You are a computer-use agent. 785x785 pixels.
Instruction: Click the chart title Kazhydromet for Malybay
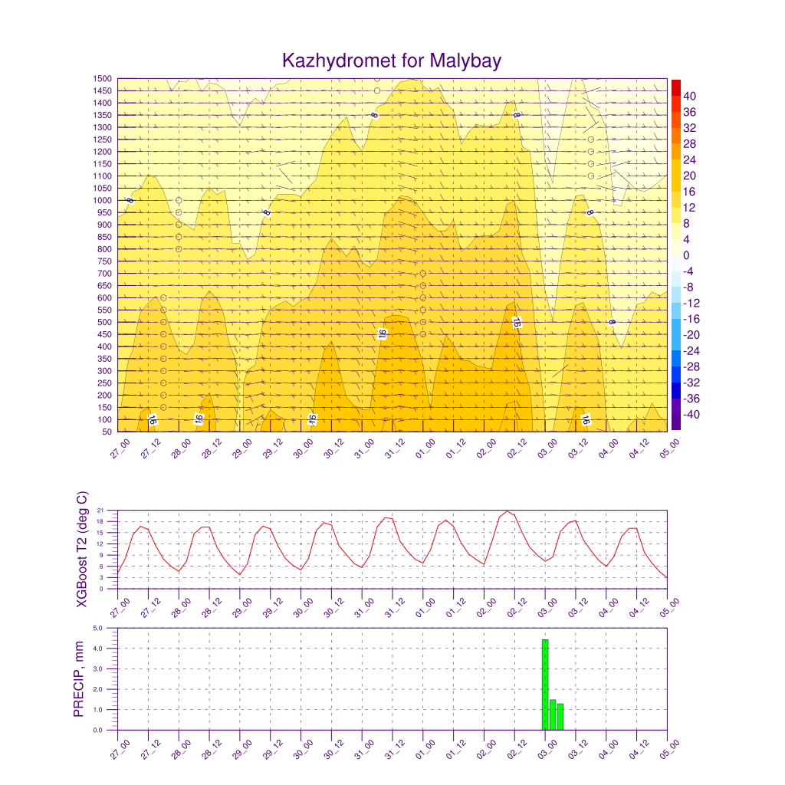coord(392,61)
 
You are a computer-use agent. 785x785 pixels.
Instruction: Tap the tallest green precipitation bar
coord(545,685)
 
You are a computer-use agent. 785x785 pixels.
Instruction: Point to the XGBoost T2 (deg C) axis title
coord(81,549)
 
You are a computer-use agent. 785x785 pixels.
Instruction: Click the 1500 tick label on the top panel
coord(103,79)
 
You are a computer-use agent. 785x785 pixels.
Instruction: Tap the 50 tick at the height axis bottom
coord(107,432)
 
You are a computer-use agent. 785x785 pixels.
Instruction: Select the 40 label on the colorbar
coord(690,96)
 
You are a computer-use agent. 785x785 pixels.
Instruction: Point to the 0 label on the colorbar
coord(686,255)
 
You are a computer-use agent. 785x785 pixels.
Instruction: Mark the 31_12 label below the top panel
coord(394,448)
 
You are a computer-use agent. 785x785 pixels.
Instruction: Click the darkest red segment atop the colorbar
coord(675,87)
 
